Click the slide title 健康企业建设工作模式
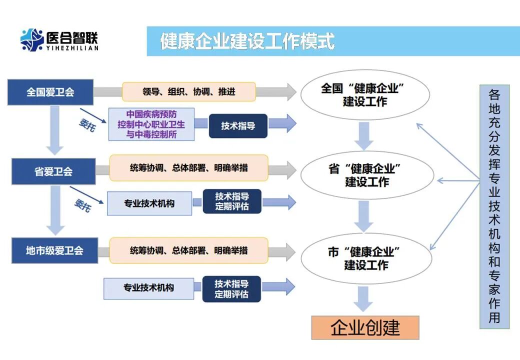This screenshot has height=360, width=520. click(247, 41)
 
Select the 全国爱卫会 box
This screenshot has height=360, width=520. click(50, 92)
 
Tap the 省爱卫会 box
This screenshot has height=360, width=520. click(53, 171)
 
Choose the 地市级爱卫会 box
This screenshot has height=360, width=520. click(54, 250)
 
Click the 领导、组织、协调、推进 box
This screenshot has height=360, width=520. click(188, 92)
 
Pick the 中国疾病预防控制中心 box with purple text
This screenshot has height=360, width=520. click(151, 124)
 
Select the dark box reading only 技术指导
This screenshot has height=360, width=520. click(237, 126)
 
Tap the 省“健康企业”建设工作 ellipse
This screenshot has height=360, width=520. click(366, 175)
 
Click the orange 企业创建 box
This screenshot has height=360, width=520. click(365, 327)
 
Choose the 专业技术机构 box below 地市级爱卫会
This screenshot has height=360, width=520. click(148, 287)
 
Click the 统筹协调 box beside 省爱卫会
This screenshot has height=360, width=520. click(188, 168)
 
